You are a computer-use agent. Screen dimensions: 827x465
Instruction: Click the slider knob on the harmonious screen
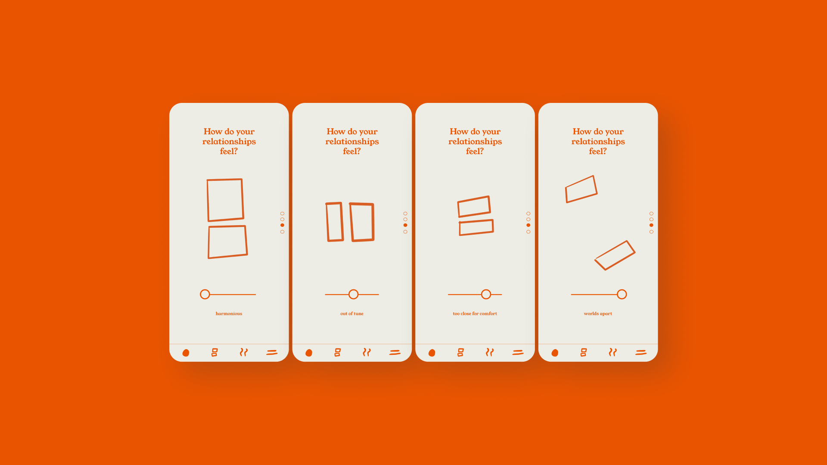(x=205, y=294)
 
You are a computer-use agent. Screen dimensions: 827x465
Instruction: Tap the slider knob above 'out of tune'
(x=354, y=294)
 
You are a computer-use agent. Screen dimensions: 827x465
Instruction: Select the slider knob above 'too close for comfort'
(x=486, y=294)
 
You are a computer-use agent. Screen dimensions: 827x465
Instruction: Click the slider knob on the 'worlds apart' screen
(x=622, y=294)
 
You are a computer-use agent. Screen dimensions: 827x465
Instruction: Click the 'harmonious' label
(x=229, y=313)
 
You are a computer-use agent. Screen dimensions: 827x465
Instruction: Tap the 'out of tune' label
(x=352, y=313)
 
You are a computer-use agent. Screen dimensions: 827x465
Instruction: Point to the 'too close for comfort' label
(x=475, y=313)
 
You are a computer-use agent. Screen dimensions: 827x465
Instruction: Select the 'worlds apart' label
(x=598, y=313)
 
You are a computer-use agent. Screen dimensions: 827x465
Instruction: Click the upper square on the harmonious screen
(x=208, y=200)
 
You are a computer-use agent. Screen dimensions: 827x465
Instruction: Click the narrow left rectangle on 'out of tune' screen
(x=327, y=222)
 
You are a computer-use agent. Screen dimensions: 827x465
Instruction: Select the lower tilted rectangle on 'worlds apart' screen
(x=631, y=246)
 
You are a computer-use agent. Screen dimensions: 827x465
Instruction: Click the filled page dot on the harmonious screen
(x=282, y=225)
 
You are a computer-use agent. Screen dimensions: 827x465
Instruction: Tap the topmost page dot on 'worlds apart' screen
(x=651, y=214)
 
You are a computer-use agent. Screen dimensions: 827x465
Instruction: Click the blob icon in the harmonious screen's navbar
(x=186, y=353)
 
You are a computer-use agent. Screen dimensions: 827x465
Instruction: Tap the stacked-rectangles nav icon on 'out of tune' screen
(x=338, y=353)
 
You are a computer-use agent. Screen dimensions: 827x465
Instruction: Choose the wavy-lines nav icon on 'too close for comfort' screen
(x=490, y=352)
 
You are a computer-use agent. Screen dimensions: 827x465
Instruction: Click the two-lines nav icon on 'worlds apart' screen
(x=641, y=352)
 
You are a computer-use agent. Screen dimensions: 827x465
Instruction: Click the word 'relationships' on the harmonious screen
(x=229, y=141)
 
